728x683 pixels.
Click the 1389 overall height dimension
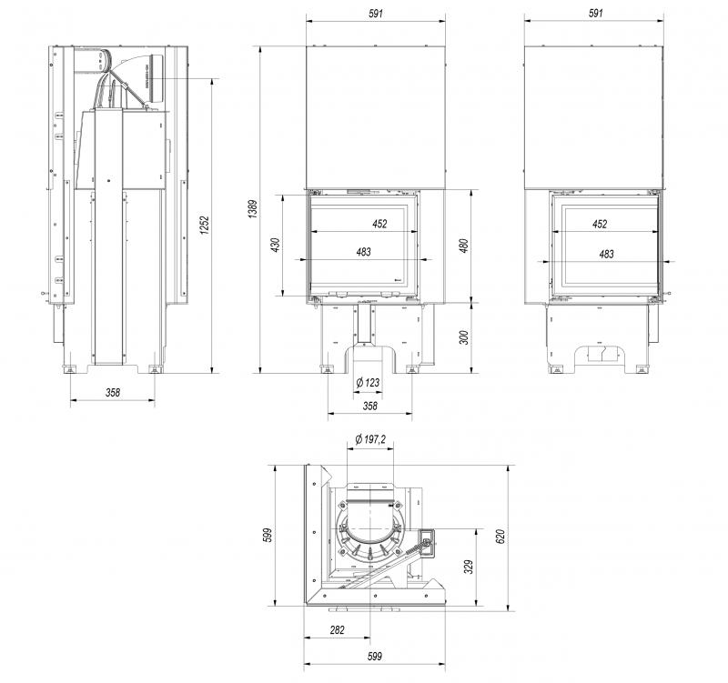252,209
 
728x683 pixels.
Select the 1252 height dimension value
206,225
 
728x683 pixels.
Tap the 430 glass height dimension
276,245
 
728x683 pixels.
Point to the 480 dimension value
463,246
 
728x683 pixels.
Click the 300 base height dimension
463,337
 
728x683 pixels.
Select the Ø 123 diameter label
368,383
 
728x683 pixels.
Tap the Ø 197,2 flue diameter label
370,439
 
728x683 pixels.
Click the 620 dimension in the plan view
500,536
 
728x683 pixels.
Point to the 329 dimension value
469,567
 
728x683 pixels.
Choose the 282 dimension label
337,629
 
